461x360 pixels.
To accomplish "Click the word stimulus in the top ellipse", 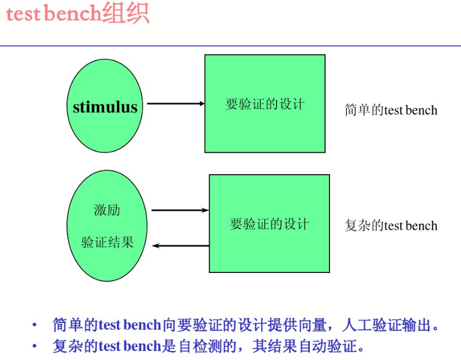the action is [105, 107].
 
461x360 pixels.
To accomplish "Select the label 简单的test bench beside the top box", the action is [391, 110].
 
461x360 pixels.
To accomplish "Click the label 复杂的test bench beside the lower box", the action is [391, 226].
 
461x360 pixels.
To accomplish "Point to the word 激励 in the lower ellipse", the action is [107, 211].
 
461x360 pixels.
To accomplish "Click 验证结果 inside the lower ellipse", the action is [107, 243].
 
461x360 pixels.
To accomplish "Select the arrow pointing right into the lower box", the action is [180, 210].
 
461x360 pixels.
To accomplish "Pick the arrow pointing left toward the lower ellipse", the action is [181, 245].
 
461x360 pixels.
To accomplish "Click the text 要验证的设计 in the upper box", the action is [265, 104].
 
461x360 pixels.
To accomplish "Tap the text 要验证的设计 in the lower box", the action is [269, 224].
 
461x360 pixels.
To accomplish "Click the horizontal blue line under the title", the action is [231, 45].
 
